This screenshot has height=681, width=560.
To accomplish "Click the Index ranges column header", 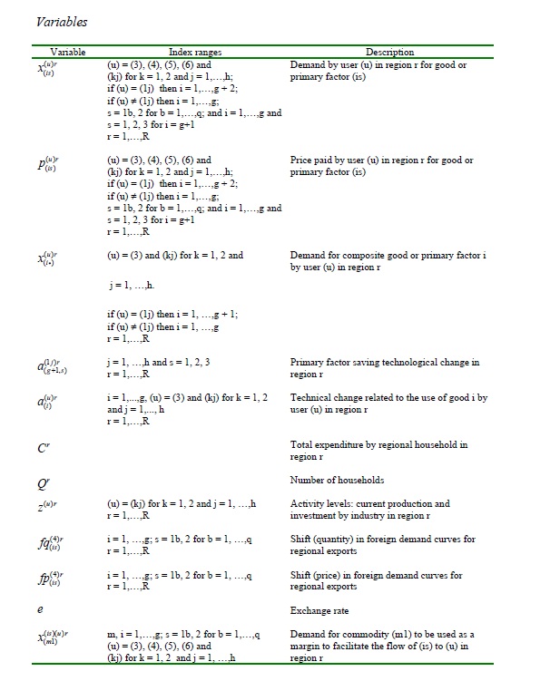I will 195,53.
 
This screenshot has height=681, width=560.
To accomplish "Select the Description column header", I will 389,53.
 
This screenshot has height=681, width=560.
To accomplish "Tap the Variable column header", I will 68,53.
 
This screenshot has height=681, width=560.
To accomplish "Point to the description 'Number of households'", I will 337,481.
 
